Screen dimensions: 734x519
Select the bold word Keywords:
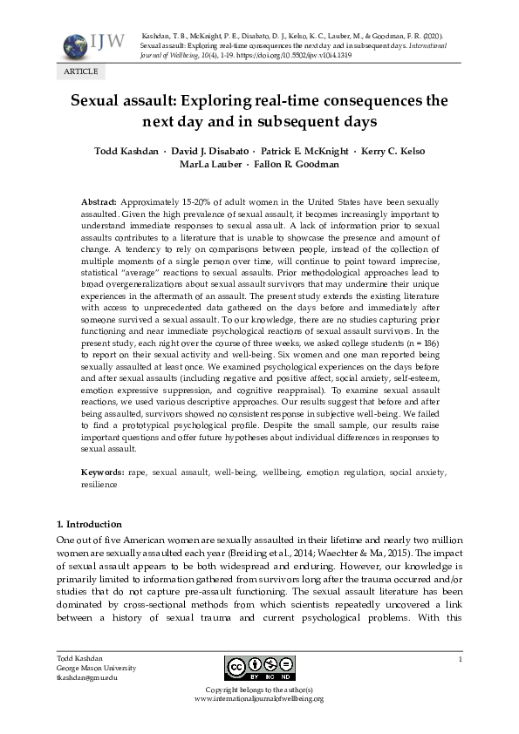[x=103, y=472]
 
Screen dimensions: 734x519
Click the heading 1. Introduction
[x=90, y=524]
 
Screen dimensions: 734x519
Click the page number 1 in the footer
[x=459, y=659]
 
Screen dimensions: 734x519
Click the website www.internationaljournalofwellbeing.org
[x=259, y=698]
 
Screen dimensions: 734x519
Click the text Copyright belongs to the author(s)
[x=259, y=689]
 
